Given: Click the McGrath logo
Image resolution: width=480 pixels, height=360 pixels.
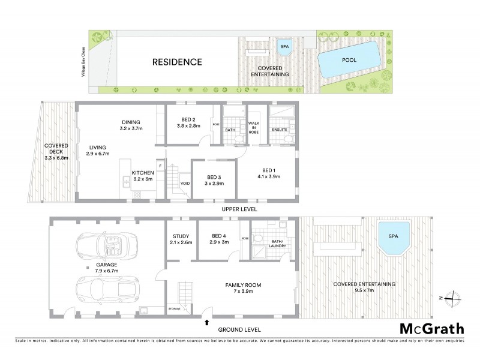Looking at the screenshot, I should pos(431,328).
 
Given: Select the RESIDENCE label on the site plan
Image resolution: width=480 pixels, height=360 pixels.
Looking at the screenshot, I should pos(176,62).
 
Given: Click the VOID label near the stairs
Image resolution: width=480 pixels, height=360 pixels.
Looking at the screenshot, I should pos(185,184).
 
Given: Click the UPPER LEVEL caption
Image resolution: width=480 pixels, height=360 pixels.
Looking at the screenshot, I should pos(239,209).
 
